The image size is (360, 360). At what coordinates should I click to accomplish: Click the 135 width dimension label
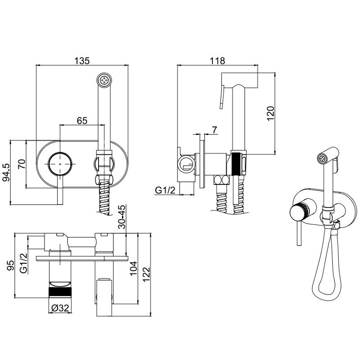click(82, 61)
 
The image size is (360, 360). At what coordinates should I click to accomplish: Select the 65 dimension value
click(82, 120)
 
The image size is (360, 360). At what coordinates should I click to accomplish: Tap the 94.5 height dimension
click(6, 172)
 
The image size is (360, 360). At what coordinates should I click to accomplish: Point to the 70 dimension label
click(22, 164)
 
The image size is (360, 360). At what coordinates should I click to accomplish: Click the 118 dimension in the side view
click(217, 61)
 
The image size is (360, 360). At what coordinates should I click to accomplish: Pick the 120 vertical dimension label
click(271, 113)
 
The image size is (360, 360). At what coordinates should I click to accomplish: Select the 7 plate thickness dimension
click(215, 130)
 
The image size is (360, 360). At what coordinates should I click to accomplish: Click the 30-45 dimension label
click(122, 217)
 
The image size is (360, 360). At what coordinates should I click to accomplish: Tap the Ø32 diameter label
click(60, 308)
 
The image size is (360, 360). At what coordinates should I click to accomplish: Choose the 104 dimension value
click(133, 268)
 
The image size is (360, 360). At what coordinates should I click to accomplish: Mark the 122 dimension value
click(146, 274)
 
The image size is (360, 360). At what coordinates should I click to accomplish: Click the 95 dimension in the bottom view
click(10, 265)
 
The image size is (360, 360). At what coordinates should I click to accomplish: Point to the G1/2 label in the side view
click(165, 190)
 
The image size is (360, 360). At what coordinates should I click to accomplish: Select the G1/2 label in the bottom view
click(24, 263)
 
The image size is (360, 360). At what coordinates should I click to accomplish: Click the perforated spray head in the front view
click(104, 81)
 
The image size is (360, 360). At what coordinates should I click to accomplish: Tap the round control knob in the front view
click(60, 164)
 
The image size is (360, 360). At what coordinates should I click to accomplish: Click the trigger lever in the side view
click(221, 97)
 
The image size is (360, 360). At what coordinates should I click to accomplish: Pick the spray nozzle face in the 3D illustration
click(321, 158)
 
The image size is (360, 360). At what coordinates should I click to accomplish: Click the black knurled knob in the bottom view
click(60, 292)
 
